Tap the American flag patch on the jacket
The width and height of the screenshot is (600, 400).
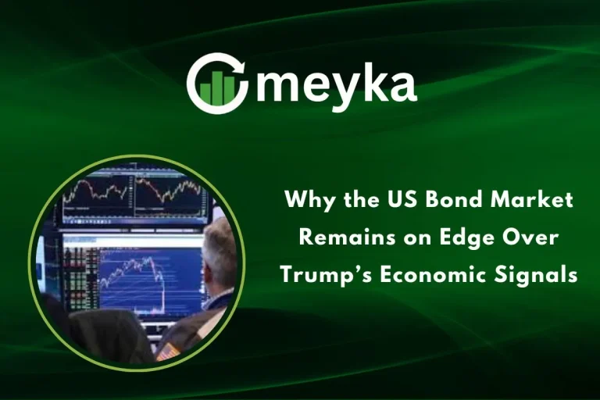coord(167,352)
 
